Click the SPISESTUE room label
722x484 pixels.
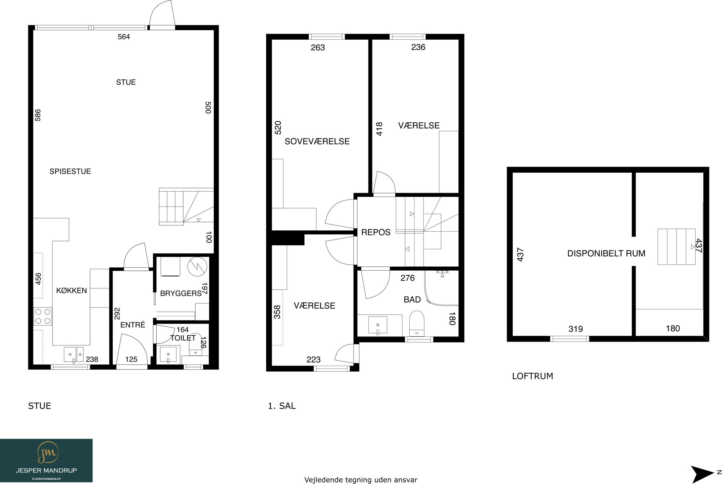coord(70,171)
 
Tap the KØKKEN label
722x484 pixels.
coord(71,291)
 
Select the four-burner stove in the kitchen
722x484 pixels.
coord(43,316)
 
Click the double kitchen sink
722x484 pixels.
coord(74,354)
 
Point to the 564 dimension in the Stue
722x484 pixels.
coord(124,37)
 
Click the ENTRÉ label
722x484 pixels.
coord(132,325)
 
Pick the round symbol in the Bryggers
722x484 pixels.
coord(197,267)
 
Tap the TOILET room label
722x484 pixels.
coord(183,338)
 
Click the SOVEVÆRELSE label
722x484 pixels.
coord(317,141)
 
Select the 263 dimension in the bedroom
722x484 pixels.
coord(318,48)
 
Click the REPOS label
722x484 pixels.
coord(376,232)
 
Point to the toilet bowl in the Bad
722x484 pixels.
coord(417,323)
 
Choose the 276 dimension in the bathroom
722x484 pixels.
coord(408,278)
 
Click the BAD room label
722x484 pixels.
coord(412,300)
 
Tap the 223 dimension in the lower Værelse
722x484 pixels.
coord(313,359)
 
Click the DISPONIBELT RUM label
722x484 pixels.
coord(606,253)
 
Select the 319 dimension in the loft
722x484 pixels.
coord(575,329)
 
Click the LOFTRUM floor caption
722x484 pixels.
coord(532,376)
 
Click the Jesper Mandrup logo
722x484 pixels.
coord(46,461)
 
